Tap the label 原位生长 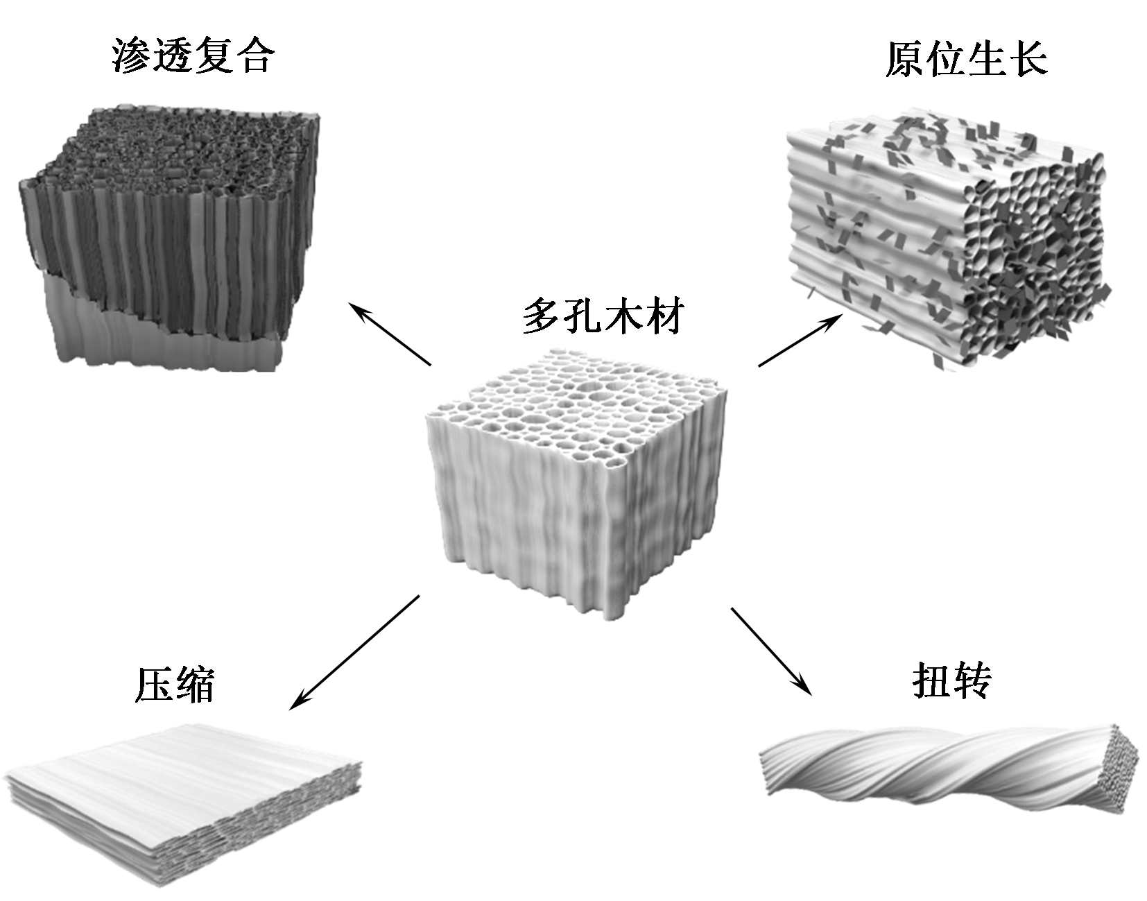[x=966, y=58]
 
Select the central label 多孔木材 [x=603, y=316]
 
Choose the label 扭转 [x=951, y=680]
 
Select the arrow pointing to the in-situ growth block [x=801, y=340]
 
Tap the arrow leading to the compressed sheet [x=354, y=653]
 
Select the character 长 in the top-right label [x=1027, y=58]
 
